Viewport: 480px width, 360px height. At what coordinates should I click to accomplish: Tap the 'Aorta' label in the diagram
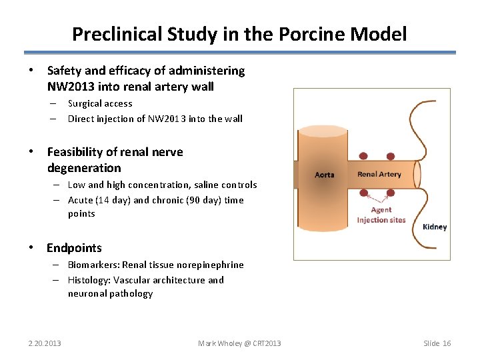tap(324, 175)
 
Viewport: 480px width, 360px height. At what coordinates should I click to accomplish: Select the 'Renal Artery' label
tap(379, 175)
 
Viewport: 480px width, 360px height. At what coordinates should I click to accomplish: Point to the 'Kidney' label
tap(435, 227)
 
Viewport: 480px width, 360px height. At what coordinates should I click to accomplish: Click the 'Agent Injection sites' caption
tap(381, 215)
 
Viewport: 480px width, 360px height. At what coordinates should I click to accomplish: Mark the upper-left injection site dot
tap(363, 156)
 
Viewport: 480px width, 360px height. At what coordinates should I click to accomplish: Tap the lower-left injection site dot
tap(363, 193)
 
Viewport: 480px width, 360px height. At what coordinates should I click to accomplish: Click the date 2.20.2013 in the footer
tap(44, 343)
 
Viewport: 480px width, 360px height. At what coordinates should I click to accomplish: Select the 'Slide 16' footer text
tap(437, 343)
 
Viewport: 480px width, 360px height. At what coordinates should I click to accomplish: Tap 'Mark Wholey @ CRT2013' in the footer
tap(239, 343)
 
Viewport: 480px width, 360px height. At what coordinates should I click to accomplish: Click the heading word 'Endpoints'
tap(74, 248)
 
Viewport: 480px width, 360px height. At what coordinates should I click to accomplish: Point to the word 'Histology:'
tap(89, 280)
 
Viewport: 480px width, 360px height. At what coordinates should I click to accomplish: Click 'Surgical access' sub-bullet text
tap(100, 103)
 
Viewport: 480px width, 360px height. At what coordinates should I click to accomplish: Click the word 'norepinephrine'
tap(213, 265)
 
